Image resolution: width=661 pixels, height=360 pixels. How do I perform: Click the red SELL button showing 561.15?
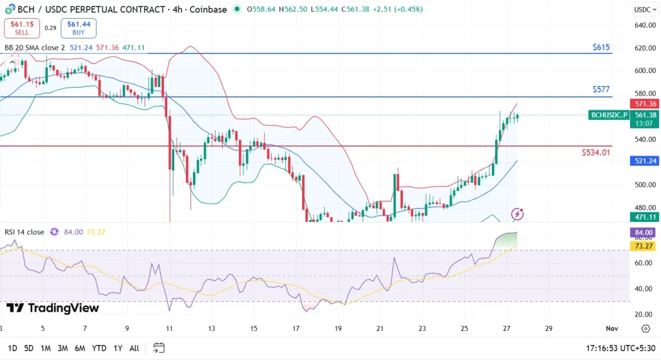23,27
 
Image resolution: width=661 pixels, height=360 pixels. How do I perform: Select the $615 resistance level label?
601,48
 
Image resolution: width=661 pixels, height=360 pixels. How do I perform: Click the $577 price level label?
601,90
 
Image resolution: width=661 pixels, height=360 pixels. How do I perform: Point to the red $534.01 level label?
596,152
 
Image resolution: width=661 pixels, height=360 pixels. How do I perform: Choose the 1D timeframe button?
12,348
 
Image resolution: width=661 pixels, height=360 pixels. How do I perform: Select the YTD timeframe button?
99,348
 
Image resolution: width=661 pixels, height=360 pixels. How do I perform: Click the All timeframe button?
134,348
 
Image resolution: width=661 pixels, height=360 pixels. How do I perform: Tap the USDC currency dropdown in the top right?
643,10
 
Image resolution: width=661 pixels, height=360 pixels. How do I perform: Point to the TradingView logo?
53,308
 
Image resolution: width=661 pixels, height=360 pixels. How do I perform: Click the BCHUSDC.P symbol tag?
609,115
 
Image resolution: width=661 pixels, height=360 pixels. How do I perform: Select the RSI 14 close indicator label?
25,232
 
